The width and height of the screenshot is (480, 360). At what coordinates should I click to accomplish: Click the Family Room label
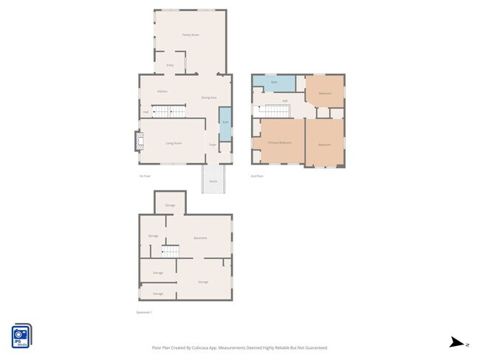click(191, 35)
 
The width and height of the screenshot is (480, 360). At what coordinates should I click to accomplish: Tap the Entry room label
click(170, 66)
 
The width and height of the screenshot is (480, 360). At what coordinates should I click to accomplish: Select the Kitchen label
click(162, 91)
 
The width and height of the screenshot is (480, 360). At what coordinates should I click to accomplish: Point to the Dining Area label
click(209, 97)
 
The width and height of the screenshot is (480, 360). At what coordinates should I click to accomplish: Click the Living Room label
click(174, 143)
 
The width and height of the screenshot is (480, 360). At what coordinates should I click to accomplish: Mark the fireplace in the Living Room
click(137, 141)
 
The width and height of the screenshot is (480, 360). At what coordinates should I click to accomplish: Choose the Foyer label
click(212, 145)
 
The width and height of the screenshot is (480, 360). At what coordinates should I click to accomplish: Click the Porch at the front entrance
click(213, 181)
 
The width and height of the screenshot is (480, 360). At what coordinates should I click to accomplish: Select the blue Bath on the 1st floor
click(225, 122)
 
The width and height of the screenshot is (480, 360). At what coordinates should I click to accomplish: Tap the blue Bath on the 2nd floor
click(274, 82)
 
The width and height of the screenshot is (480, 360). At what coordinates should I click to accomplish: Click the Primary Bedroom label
click(280, 142)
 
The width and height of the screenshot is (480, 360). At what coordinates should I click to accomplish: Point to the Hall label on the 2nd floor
click(284, 100)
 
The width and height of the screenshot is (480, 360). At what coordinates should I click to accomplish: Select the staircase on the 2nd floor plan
click(272, 111)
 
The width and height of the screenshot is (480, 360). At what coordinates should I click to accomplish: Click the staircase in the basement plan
click(171, 252)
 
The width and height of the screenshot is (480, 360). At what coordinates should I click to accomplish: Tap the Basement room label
click(200, 238)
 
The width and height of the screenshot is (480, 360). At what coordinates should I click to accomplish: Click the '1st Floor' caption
click(145, 176)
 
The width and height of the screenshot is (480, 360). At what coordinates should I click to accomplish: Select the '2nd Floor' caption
click(257, 176)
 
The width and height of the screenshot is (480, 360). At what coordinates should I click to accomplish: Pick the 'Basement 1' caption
click(144, 313)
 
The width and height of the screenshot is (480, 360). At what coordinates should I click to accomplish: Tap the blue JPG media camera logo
click(21, 335)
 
